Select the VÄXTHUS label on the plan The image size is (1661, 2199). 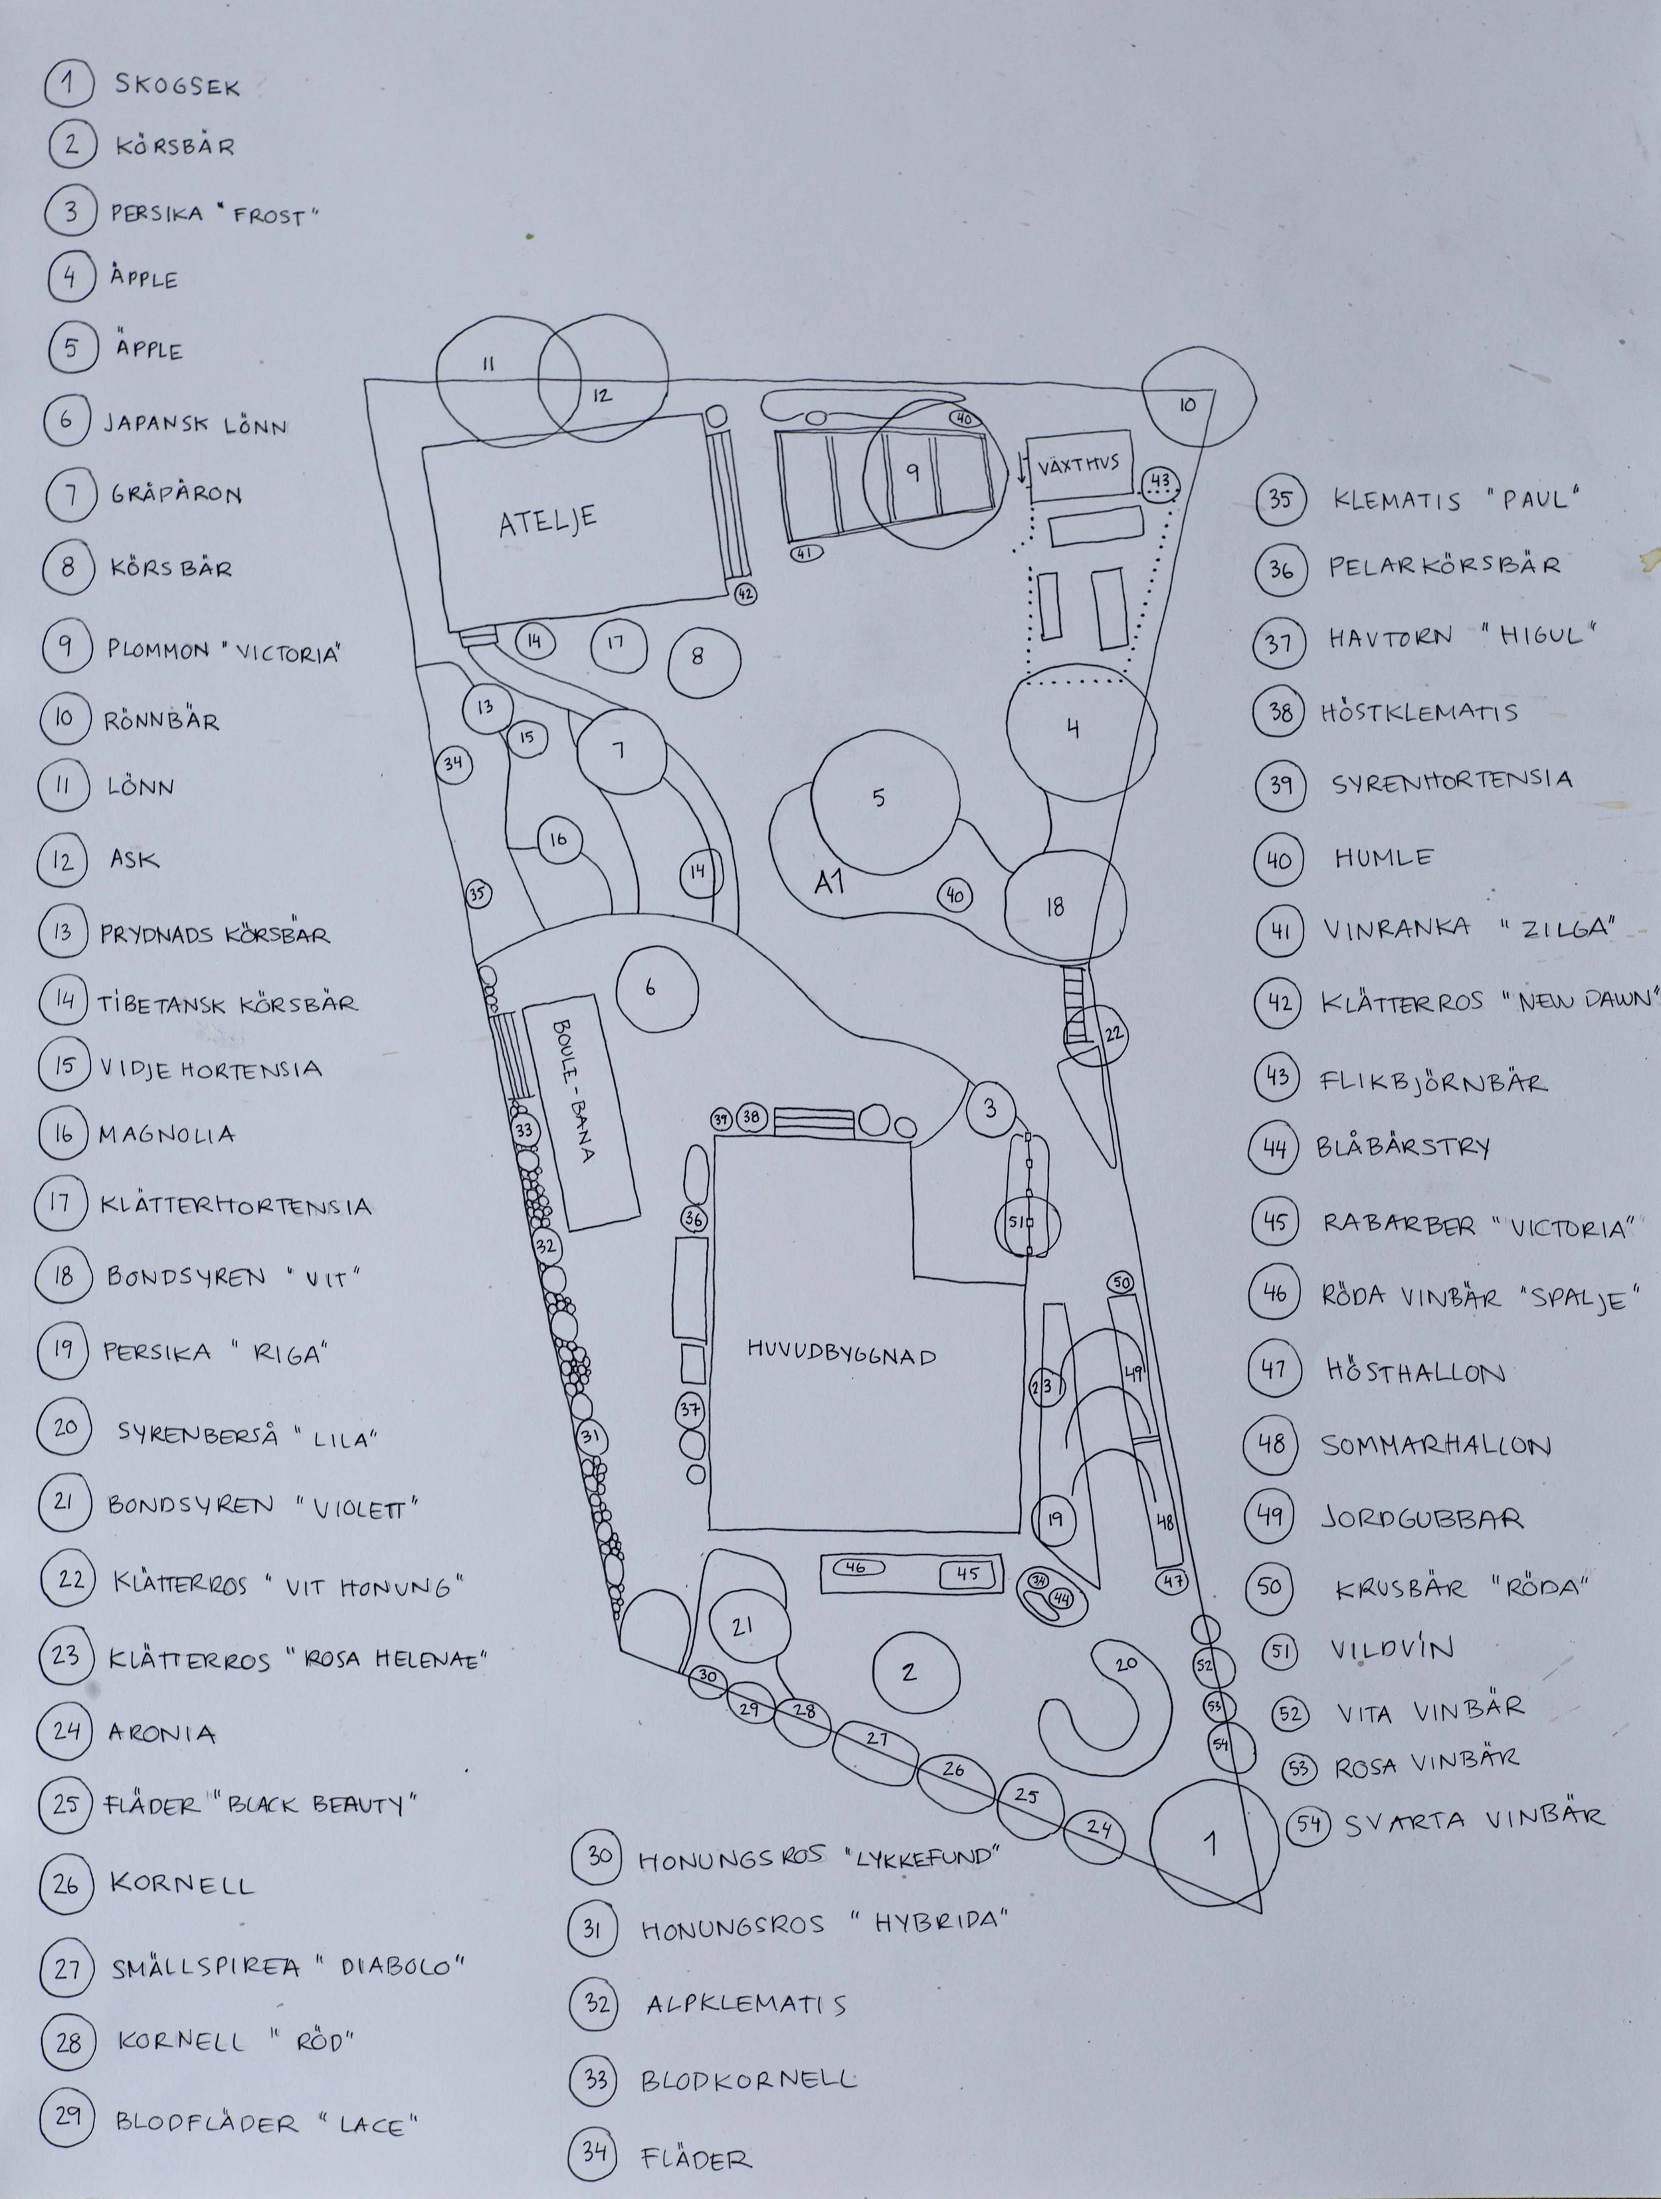(x=1078, y=463)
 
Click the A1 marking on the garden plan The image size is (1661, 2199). (x=829, y=881)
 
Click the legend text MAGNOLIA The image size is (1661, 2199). (x=167, y=1134)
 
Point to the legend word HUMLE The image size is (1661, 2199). (x=1384, y=858)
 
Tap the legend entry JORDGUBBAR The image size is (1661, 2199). (x=1421, y=1518)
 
